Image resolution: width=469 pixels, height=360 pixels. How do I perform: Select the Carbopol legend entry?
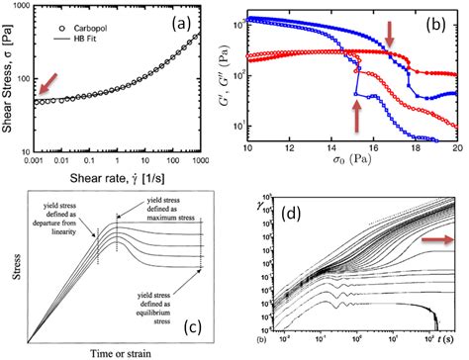point(88,13)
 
